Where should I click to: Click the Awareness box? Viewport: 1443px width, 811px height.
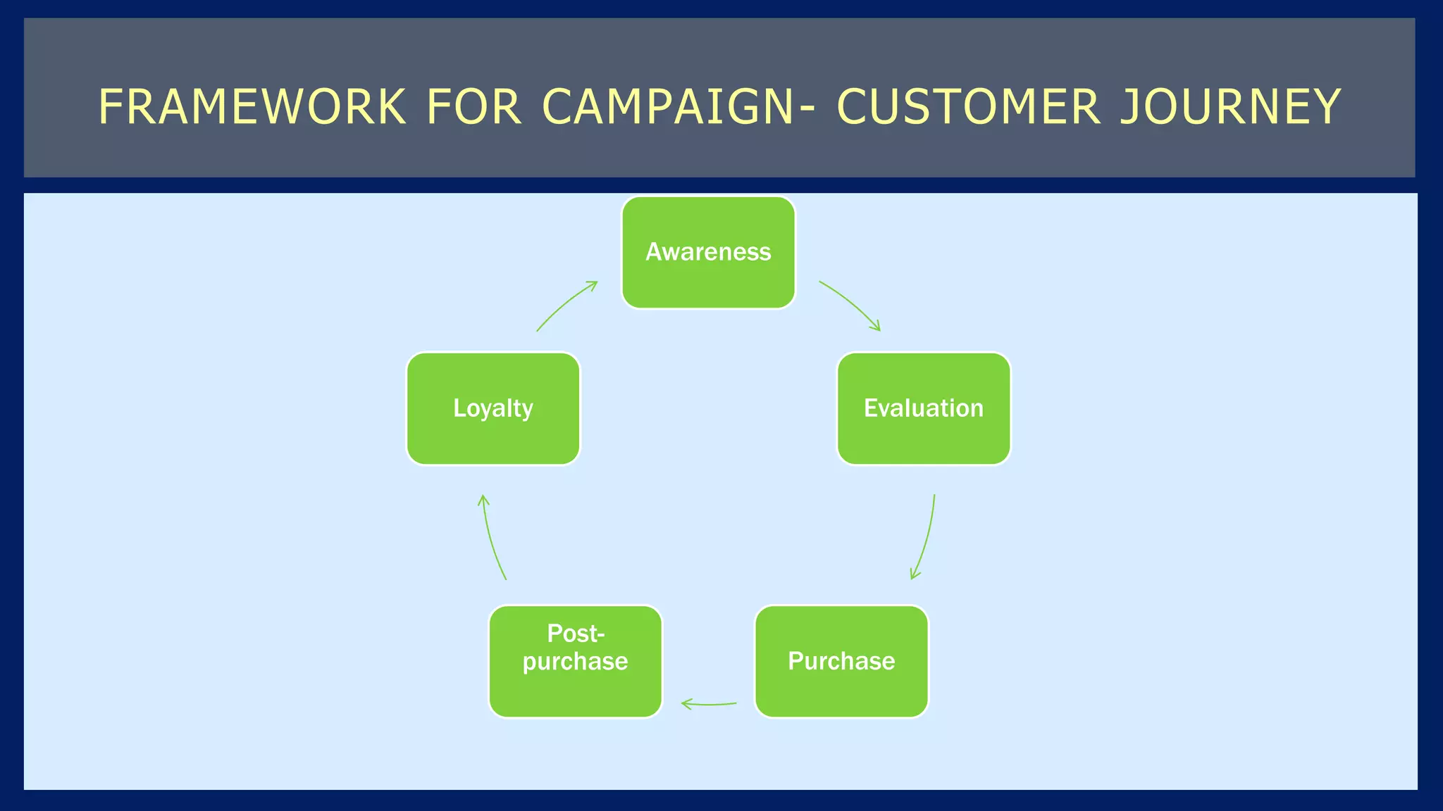click(x=708, y=252)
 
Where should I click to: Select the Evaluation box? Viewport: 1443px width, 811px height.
click(x=923, y=408)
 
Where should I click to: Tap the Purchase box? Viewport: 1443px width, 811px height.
click(x=841, y=661)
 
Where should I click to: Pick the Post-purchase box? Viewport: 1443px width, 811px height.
click(x=575, y=661)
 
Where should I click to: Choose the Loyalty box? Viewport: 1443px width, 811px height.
click(x=493, y=408)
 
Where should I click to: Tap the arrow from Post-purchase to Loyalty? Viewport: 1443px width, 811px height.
click(x=490, y=539)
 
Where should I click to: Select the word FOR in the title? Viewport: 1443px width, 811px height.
click(x=473, y=107)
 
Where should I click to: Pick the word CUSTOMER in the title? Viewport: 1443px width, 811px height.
click(x=968, y=107)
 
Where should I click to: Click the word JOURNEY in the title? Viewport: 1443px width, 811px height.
click(x=1230, y=107)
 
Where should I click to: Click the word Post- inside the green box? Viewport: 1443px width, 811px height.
click(x=576, y=634)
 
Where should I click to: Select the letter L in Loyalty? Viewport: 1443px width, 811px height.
click(x=459, y=408)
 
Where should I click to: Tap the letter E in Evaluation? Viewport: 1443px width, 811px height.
click(x=870, y=408)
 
